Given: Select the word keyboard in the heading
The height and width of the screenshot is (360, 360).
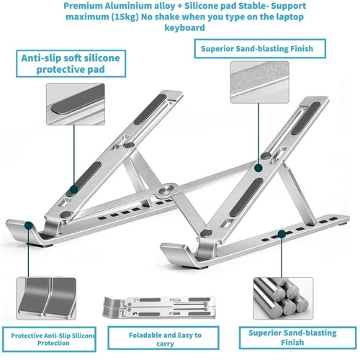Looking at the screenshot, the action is (x=184, y=27).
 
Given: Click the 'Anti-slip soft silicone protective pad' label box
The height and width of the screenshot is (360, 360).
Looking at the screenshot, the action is (x=71, y=63).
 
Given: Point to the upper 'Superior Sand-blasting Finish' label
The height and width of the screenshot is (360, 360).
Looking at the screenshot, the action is (x=260, y=49).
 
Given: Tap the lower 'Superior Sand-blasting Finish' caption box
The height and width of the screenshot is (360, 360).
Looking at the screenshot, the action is (x=298, y=338).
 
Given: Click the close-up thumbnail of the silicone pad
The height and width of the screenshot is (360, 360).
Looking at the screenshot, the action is (x=76, y=104).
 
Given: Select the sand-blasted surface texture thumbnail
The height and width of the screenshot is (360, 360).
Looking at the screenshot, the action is (x=259, y=82).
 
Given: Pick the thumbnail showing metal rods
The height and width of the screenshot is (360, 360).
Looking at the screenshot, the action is (x=283, y=298).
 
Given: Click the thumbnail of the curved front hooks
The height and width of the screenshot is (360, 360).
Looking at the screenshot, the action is (x=46, y=299).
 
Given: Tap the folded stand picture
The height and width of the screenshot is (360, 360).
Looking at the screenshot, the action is (x=159, y=307).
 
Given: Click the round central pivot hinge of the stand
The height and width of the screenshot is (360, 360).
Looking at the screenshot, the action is (x=167, y=189).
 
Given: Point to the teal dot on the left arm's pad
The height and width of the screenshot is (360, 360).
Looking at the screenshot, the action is (x=73, y=189).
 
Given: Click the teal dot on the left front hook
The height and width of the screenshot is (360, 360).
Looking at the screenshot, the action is (x=29, y=225).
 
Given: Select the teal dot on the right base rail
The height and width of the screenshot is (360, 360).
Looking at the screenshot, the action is (x=282, y=234).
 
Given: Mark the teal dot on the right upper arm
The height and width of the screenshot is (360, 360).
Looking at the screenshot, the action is (x=258, y=168).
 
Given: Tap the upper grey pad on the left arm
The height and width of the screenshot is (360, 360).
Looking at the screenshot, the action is (x=150, y=109).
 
